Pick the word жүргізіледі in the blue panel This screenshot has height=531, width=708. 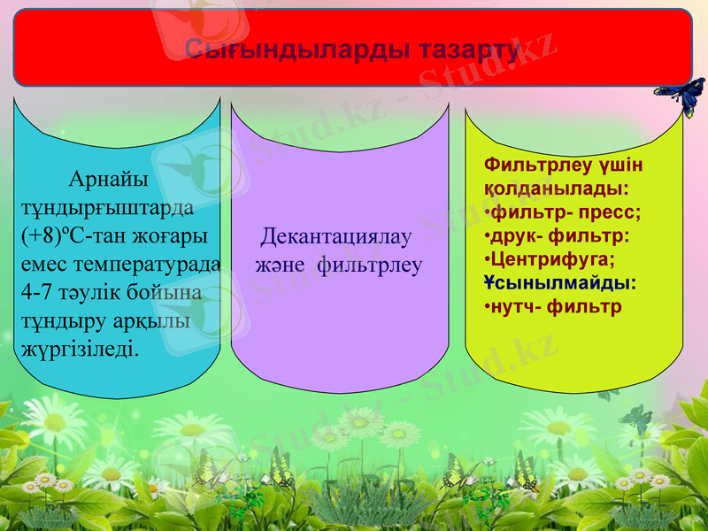click(x=79, y=348)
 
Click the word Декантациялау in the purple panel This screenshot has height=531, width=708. click(x=336, y=237)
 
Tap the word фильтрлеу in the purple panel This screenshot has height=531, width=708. click(x=369, y=265)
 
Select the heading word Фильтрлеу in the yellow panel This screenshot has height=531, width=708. click(x=528, y=165)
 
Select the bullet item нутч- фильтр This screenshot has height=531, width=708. click(x=556, y=307)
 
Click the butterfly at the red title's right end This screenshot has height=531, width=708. click(x=681, y=93)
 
